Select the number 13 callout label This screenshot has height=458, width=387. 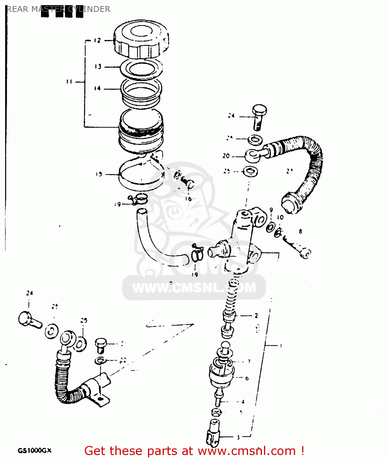point(98,67)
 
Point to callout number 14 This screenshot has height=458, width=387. point(97,89)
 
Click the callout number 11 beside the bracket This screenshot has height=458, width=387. point(69,82)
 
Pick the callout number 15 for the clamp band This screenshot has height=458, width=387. point(99,174)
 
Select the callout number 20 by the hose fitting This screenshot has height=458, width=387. point(226,156)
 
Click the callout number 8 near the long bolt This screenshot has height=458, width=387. point(300,231)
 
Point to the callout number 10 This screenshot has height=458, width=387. point(280,217)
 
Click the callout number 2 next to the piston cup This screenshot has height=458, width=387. point(256,316)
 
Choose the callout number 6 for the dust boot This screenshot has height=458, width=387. point(247,378)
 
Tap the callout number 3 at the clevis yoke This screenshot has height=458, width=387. point(238,437)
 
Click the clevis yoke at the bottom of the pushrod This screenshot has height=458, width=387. point(213,432)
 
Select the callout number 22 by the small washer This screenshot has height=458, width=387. point(123,361)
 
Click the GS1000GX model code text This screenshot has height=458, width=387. point(34,451)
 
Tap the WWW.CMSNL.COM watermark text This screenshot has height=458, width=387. point(194,287)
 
